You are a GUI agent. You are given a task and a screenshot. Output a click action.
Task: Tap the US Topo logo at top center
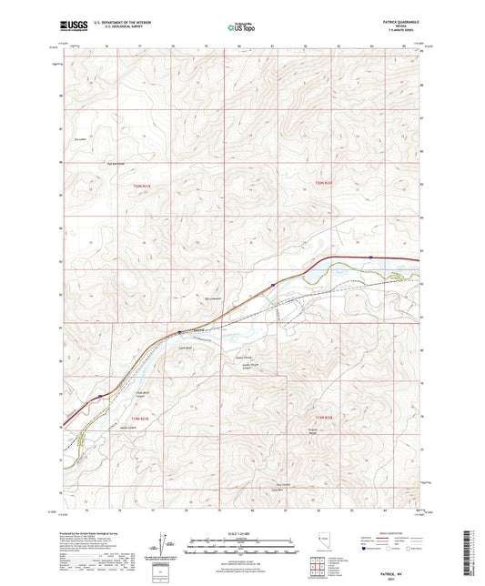tap(239, 27)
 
